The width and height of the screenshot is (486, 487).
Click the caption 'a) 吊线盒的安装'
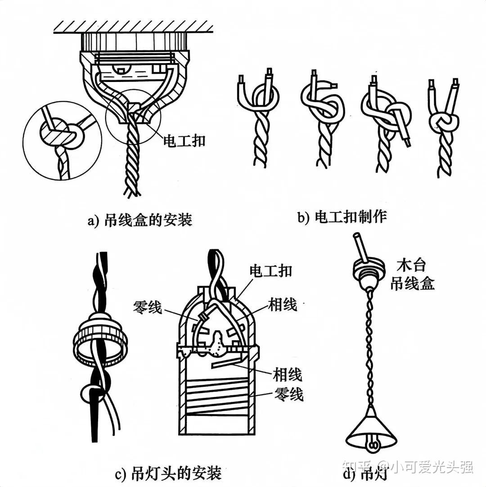click(140, 221)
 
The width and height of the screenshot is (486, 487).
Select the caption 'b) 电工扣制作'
click(342, 217)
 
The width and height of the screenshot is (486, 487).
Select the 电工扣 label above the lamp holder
click(270, 271)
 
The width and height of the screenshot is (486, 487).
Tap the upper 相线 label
click(282, 305)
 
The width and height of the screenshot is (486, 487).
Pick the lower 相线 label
click(287, 374)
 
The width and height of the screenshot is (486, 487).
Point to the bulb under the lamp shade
click(373, 445)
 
